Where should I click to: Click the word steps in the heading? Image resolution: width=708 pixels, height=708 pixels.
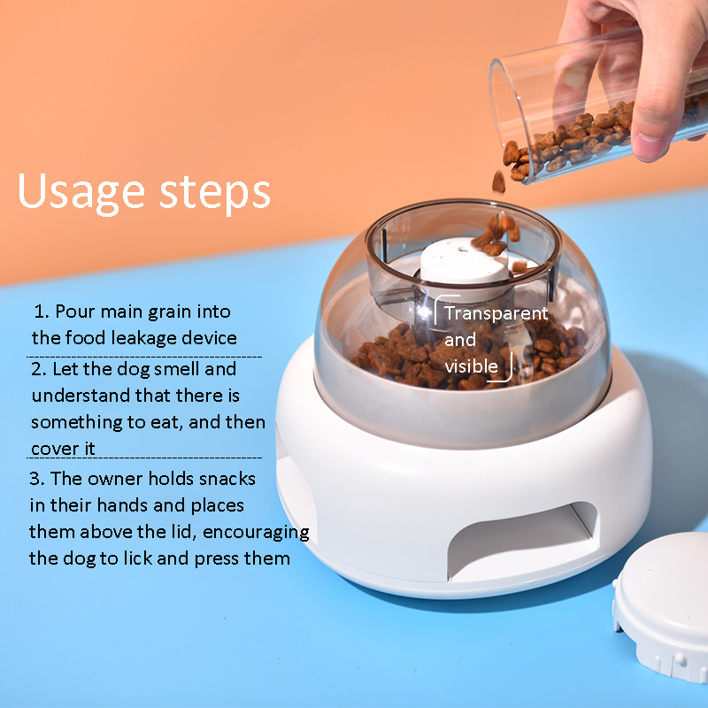click(215, 193)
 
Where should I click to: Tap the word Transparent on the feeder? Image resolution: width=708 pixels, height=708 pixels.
click(496, 313)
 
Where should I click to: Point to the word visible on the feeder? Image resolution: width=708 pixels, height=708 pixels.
click(472, 366)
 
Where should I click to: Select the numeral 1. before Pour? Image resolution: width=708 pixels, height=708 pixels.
click(42, 312)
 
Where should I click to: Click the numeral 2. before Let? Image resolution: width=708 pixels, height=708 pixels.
click(39, 369)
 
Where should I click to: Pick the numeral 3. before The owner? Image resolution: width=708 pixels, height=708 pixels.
click(37, 478)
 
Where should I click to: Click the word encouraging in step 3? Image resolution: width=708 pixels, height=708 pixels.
click(256, 533)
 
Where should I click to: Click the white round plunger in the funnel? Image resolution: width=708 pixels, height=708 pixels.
click(463, 261)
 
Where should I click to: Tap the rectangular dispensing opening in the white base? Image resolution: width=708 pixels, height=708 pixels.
click(523, 540)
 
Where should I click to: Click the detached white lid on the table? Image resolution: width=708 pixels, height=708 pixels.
click(661, 605)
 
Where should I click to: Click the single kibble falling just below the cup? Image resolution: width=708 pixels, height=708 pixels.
click(498, 181)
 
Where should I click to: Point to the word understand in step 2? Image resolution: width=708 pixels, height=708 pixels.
click(81, 396)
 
